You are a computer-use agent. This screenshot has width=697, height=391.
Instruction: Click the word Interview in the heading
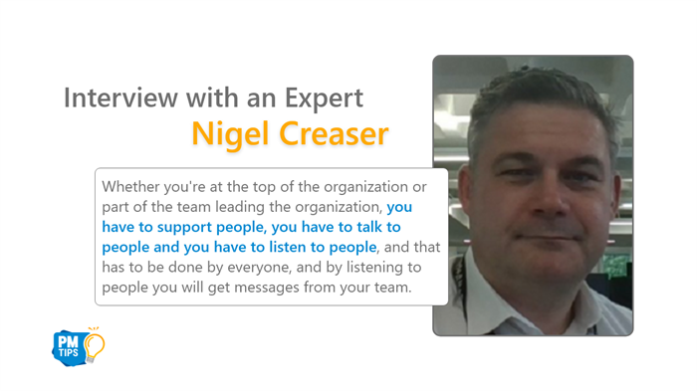(120, 98)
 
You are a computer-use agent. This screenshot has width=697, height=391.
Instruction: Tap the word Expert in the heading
(324, 98)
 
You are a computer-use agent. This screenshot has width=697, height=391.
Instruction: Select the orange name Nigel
(230, 134)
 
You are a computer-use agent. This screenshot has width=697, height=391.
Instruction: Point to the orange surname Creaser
(334, 134)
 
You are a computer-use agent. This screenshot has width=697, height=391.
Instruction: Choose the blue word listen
(288, 247)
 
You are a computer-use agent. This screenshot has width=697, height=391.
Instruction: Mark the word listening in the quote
(374, 268)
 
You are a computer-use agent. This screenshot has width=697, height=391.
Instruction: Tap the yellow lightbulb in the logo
(95, 345)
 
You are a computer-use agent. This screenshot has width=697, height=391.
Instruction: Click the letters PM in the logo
(68, 341)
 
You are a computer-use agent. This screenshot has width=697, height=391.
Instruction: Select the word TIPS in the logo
(69, 353)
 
